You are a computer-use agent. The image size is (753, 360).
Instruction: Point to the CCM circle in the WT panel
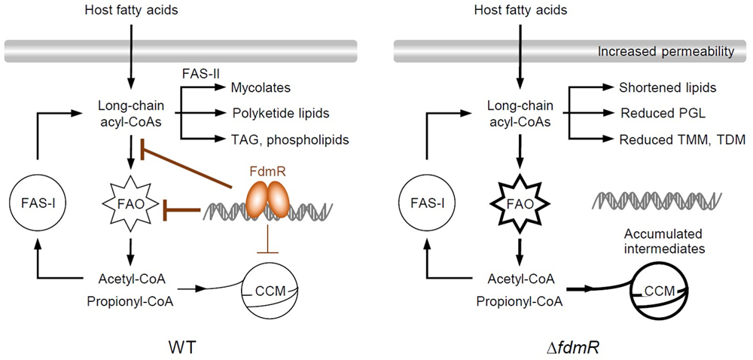pyautogui.click(x=263, y=290)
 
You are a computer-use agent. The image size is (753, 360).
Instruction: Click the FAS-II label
pyautogui.click(x=200, y=75)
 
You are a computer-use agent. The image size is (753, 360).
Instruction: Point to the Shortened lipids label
pyautogui.click(x=666, y=87)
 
